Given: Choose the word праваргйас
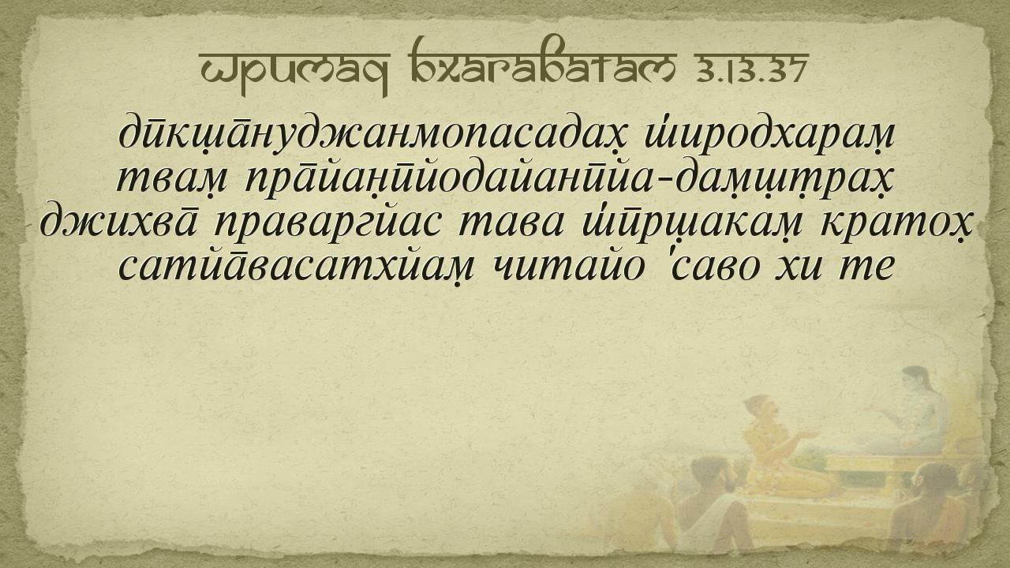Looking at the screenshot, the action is click(327, 224).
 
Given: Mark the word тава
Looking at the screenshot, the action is click(511, 224).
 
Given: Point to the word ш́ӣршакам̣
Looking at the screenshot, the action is click(689, 224).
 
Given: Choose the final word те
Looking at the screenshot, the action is click(866, 267).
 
